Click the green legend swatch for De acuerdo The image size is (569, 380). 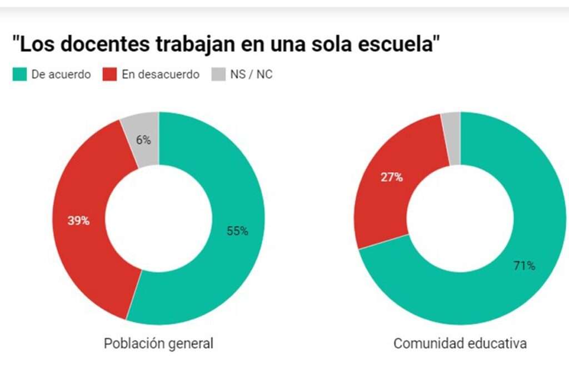pos(19,75)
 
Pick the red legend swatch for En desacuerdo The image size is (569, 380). pos(110,75)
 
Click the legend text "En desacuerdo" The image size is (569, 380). pos(160,75)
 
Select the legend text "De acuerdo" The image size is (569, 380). pos(61,75)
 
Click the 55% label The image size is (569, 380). pos(237,231)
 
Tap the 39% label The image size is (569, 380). pos(78,220)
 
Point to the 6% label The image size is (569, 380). pos(143,140)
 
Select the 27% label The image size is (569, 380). pos(392,178)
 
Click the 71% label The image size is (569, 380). pos(524,266)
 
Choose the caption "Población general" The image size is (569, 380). pos(158,344)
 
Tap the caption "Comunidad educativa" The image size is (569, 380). pos(460,344)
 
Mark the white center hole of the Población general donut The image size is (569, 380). pos(158,218)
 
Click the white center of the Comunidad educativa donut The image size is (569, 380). pos(460,218)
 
